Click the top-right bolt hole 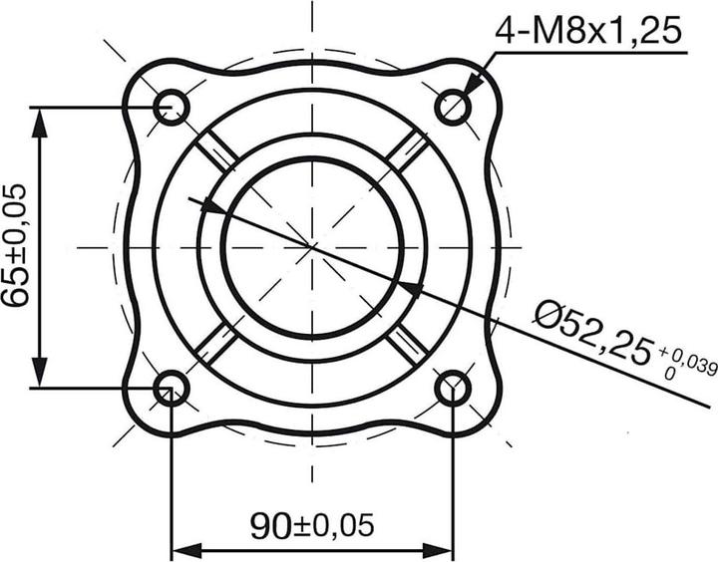(454, 105)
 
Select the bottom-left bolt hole (172, 388)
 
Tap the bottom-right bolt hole (454, 388)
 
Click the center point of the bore (312, 245)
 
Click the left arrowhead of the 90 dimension (185, 549)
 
